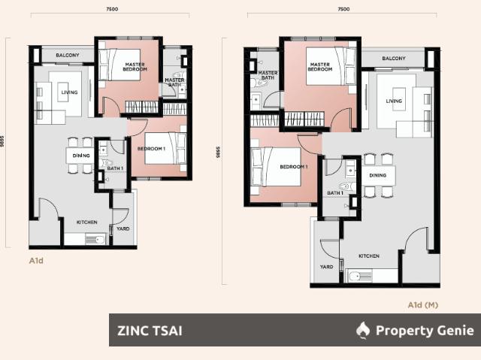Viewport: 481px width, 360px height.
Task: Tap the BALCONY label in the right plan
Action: point(393,58)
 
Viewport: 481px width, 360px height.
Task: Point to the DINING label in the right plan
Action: point(377,175)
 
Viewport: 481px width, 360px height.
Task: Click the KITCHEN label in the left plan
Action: point(86,222)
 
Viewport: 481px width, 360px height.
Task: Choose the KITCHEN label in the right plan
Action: point(368,256)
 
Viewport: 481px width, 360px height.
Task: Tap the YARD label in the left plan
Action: point(123,229)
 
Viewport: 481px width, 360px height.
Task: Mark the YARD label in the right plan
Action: point(326,266)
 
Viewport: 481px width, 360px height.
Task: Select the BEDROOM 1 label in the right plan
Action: point(293,167)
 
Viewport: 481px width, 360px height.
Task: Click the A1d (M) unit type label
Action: point(422,304)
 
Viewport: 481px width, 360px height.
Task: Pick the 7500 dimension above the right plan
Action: point(343,9)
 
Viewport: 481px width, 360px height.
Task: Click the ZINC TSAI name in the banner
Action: point(150,330)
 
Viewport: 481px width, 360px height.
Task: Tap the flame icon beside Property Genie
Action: point(363,330)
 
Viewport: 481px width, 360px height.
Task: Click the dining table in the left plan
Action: point(79,154)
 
